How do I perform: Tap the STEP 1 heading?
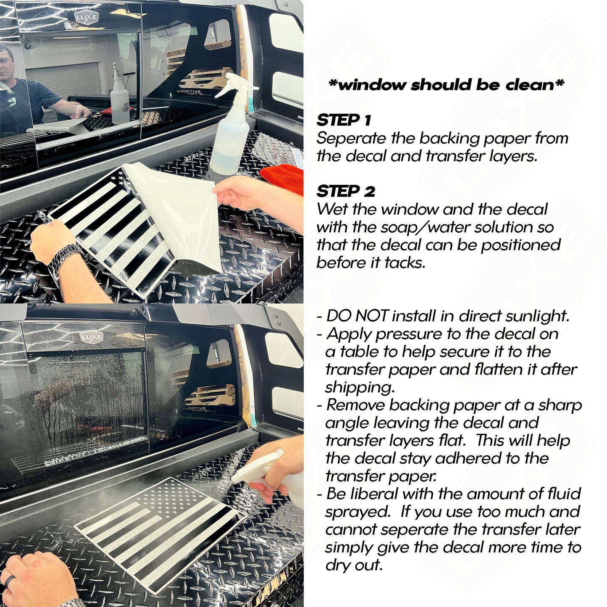click(x=344, y=120)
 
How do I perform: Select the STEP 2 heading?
click(x=346, y=191)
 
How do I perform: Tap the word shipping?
click(x=360, y=388)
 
